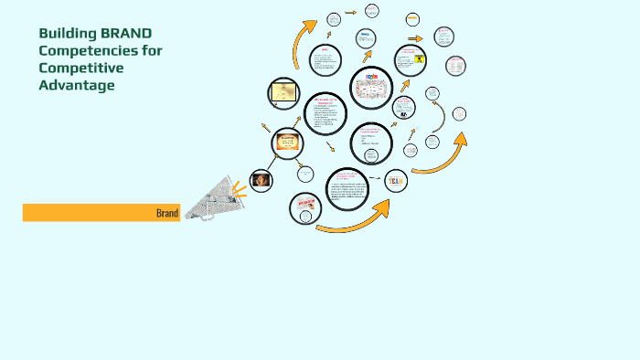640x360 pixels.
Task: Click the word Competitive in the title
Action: pyautogui.click(x=78, y=69)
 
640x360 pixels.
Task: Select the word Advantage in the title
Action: pyautogui.click(x=77, y=86)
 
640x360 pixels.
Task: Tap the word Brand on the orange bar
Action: pyautogui.click(x=167, y=213)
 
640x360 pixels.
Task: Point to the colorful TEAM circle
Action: pyautogui.click(x=396, y=181)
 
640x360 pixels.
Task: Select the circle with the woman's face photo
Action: pyautogui.click(x=261, y=180)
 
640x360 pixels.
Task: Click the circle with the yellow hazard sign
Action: pyautogui.click(x=409, y=59)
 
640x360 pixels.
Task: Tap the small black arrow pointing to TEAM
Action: pyautogui.click(x=375, y=177)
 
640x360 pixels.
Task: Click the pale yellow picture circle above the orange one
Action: pyautogui.click(x=283, y=92)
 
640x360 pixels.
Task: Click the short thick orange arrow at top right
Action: pyautogui.click(x=415, y=39)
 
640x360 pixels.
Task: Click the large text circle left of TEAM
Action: pyautogui.click(x=347, y=188)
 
